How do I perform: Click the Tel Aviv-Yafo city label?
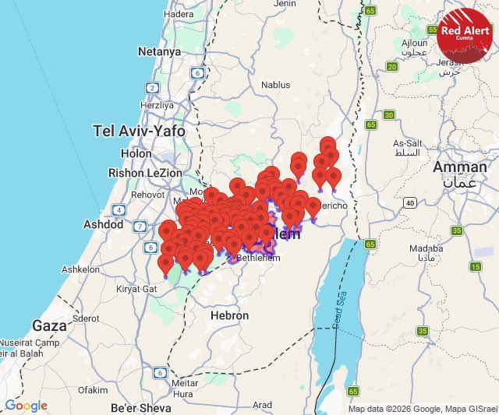(x=139, y=131)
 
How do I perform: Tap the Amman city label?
(x=459, y=167)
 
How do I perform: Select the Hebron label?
(x=229, y=315)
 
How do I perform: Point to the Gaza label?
(x=49, y=325)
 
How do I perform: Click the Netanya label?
(x=159, y=51)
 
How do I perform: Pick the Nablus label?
(x=275, y=85)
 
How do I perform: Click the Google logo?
(x=26, y=406)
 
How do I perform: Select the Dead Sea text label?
(x=338, y=311)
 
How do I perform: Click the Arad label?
(x=263, y=405)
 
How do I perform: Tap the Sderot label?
(x=85, y=318)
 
